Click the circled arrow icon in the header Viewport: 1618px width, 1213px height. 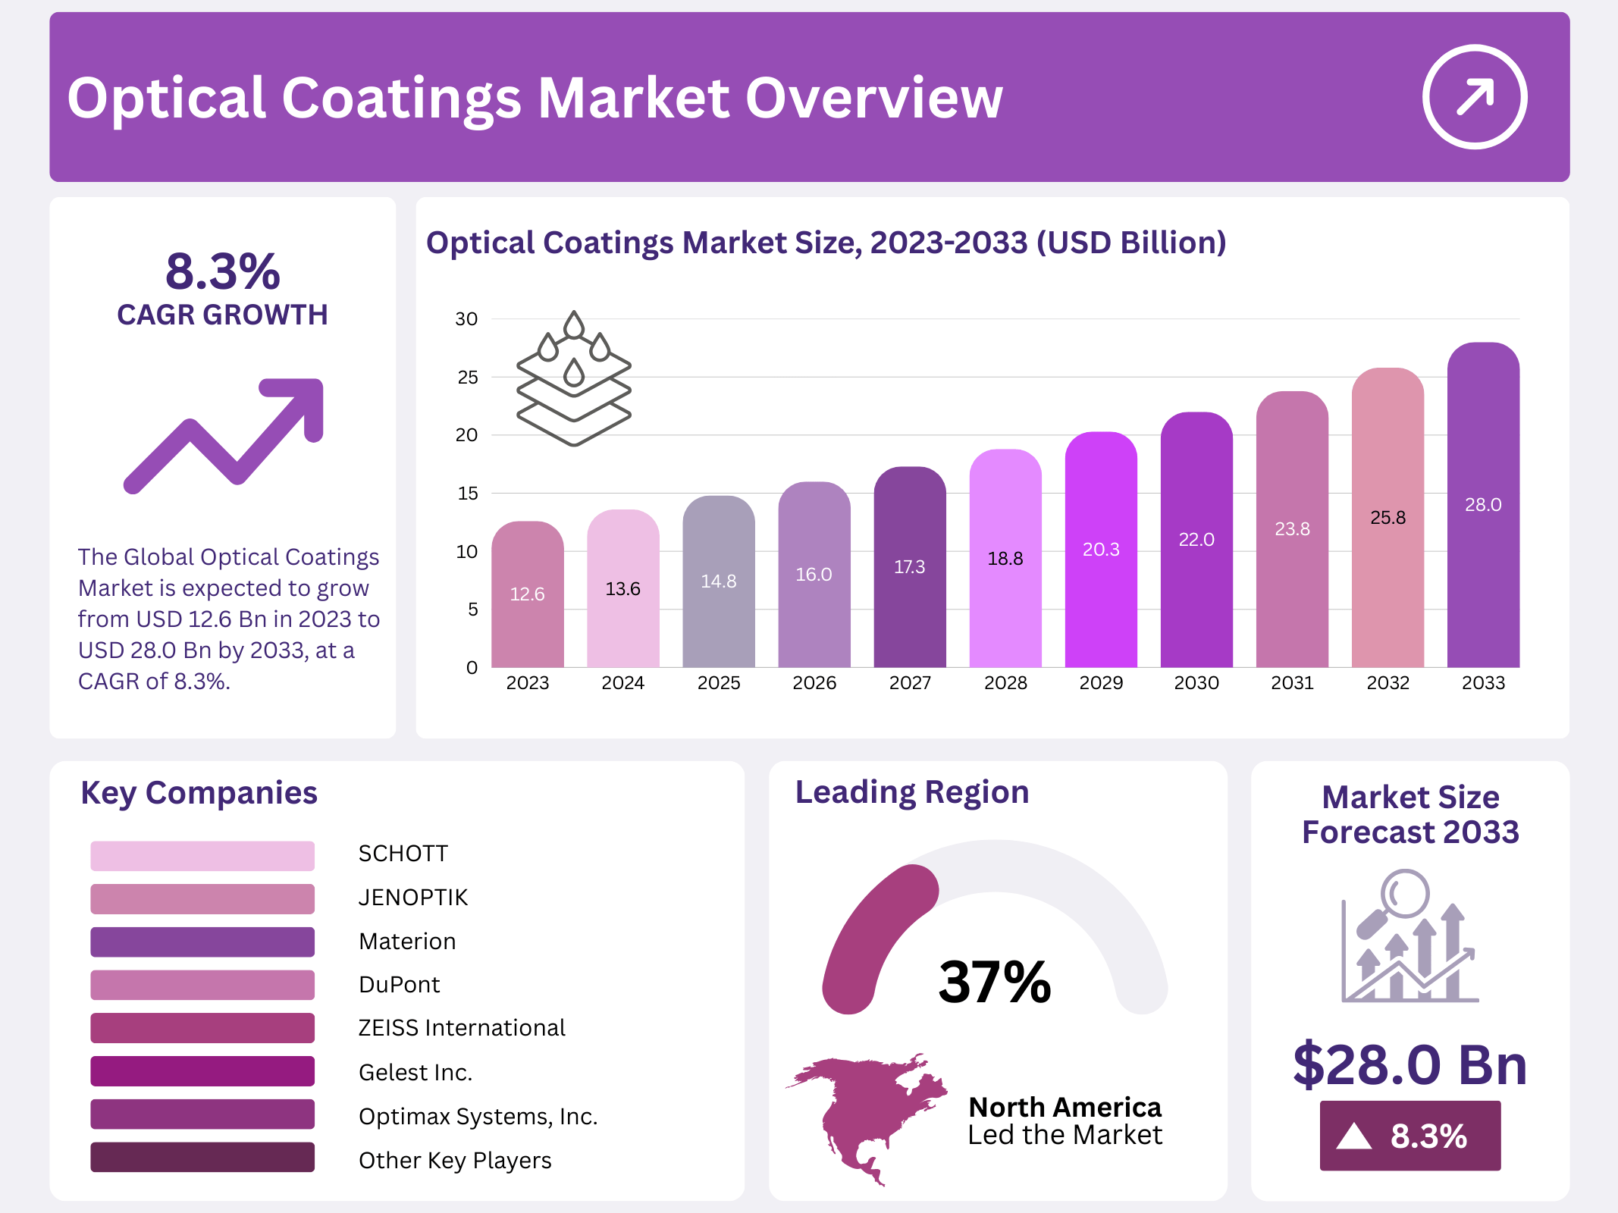[1474, 97]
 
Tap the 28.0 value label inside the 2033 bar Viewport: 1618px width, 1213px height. [1483, 505]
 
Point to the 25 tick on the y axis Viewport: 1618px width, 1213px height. [468, 378]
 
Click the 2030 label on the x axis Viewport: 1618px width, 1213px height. [1196, 683]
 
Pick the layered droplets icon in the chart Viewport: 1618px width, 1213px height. [574, 379]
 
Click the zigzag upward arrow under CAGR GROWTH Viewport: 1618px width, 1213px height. [224, 435]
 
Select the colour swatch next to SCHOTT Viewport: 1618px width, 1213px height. [202, 855]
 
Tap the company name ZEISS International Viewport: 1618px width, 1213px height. [461, 1028]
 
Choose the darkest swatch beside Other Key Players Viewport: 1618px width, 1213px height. [202, 1158]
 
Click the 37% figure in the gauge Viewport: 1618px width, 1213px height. [994, 983]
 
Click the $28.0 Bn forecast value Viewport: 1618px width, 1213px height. [1409, 1065]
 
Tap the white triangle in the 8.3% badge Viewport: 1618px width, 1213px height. [1353, 1136]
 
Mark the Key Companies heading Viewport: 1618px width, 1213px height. [199, 793]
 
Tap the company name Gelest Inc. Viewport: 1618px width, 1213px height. [415, 1072]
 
